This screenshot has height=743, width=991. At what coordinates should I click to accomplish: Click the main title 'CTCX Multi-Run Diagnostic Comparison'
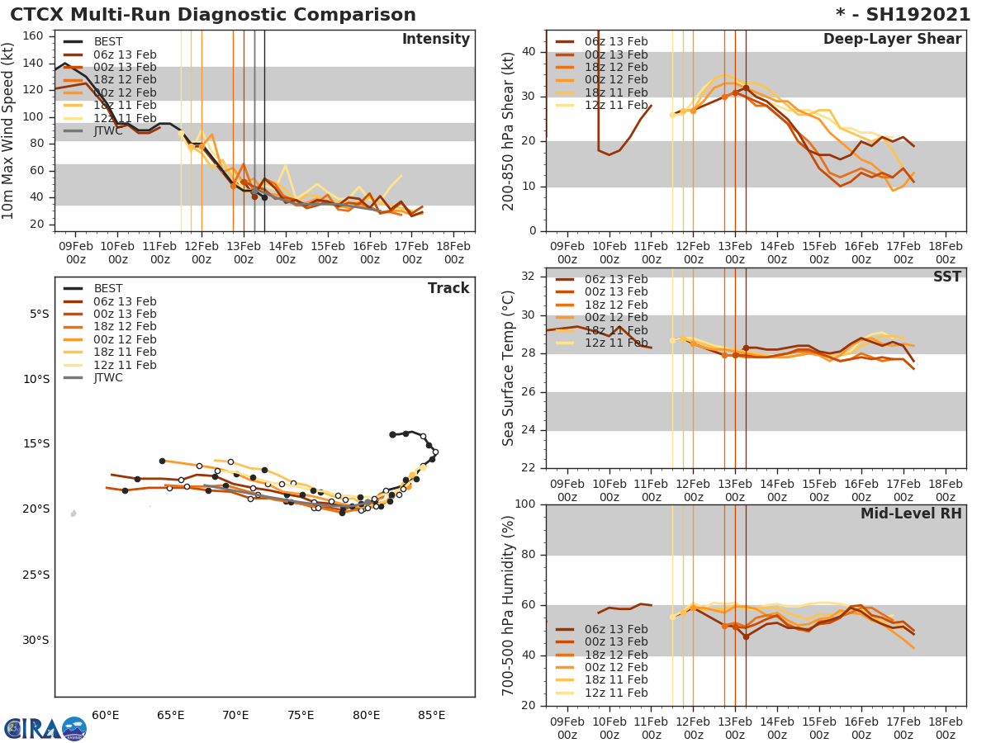click(x=213, y=15)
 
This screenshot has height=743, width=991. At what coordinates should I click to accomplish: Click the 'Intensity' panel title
click(x=435, y=40)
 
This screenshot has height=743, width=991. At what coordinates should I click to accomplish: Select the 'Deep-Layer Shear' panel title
click(x=892, y=40)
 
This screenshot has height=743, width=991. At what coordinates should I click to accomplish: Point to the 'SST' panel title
click(x=946, y=277)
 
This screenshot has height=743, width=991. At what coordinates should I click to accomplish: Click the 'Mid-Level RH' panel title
click(x=911, y=513)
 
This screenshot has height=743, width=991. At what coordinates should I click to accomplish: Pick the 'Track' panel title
click(x=448, y=288)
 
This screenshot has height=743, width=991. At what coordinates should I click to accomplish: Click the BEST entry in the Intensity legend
click(x=107, y=42)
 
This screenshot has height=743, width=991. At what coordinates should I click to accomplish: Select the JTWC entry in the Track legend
click(x=108, y=378)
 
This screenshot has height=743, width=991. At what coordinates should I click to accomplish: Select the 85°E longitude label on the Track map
click(x=431, y=715)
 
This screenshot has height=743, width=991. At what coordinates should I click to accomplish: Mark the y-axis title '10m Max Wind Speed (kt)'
click(x=9, y=133)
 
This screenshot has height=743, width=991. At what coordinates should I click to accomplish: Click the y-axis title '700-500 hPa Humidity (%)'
click(x=509, y=604)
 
